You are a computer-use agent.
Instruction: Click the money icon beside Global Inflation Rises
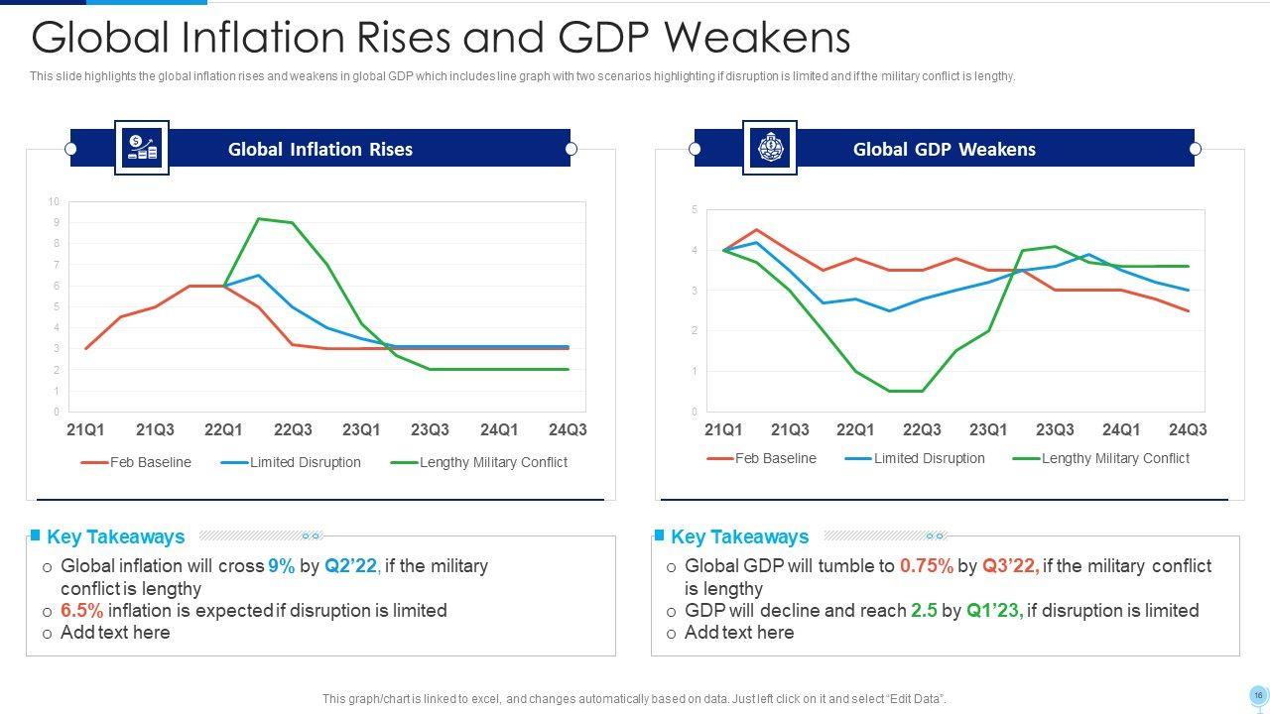tap(141, 148)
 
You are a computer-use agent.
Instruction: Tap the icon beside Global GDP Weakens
tap(769, 148)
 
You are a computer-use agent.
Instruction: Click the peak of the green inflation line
tap(258, 218)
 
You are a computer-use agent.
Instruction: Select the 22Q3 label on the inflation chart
tap(293, 429)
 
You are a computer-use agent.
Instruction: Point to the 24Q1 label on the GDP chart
tap(1121, 429)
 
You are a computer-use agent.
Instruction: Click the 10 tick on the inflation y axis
tap(54, 201)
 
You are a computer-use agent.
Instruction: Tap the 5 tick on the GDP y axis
tap(695, 209)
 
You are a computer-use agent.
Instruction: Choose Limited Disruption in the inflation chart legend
tap(305, 462)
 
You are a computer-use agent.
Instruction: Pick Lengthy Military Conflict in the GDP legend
tap(1114, 458)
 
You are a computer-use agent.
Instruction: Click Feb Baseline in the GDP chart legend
tap(775, 458)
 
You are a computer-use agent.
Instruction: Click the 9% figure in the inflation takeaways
tap(281, 566)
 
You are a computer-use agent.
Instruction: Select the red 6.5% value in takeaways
tap(82, 611)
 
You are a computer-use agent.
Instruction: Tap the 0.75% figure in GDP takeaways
tap(927, 566)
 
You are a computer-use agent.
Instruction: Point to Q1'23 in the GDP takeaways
tap(994, 611)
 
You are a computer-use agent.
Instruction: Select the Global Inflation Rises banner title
tap(320, 149)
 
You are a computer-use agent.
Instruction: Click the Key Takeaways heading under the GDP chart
tap(739, 536)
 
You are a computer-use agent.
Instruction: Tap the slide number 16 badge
tap(1258, 695)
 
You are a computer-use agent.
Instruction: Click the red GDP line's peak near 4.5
tap(756, 230)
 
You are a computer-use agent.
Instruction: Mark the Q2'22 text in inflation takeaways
tap(352, 566)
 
